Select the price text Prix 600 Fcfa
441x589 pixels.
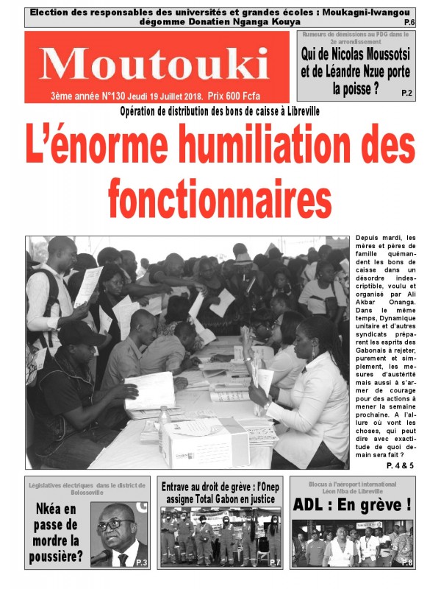click(234, 96)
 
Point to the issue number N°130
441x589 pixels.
click(107, 96)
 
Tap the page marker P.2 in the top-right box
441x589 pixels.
click(407, 93)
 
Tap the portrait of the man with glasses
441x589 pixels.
click(118, 535)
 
